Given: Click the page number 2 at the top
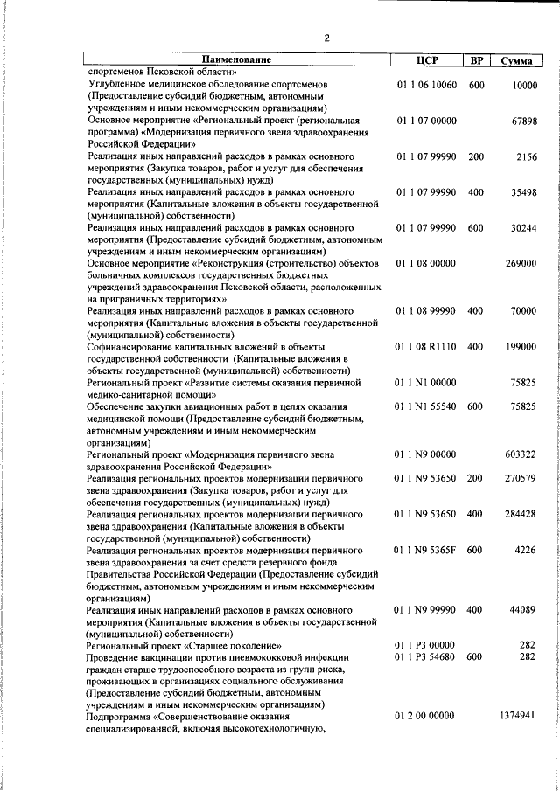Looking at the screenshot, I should coord(326,38).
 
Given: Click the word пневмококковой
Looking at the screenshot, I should coord(276,656).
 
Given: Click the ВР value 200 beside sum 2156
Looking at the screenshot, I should coord(475,156).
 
